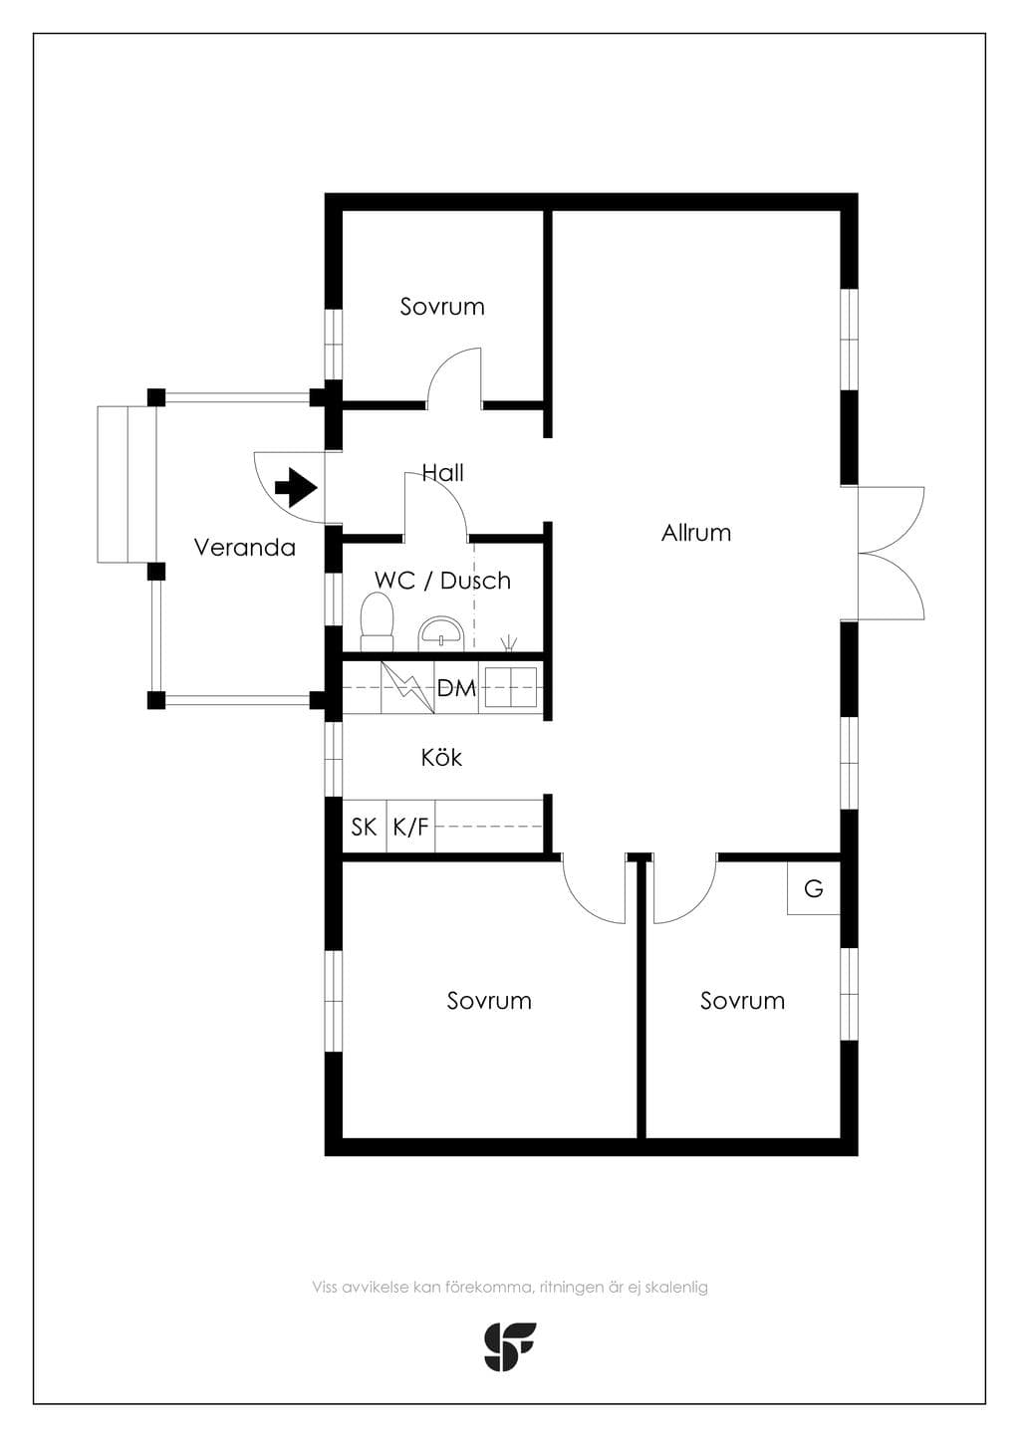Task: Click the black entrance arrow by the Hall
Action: (x=296, y=487)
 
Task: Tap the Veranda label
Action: (x=245, y=548)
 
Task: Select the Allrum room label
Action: (x=696, y=533)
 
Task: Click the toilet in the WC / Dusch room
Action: (x=377, y=621)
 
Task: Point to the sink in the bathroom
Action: (x=440, y=633)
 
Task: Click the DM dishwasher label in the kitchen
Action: (x=456, y=688)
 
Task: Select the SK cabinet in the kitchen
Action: (x=364, y=827)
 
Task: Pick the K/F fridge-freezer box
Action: (x=410, y=827)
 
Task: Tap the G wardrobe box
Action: (x=813, y=888)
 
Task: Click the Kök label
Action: (x=441, y=758)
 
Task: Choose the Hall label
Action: (x=443, y=473)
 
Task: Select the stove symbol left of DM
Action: (x=407, y=687)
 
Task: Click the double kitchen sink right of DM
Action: (x=511, y=687)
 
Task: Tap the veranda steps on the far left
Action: (x=127, y=484)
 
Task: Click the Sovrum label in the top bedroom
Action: (x=442, y=307)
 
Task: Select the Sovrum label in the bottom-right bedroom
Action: (x=742, y=1001)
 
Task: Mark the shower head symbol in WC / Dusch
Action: (x=509, y=642)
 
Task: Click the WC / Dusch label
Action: (x=443, y=581)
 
